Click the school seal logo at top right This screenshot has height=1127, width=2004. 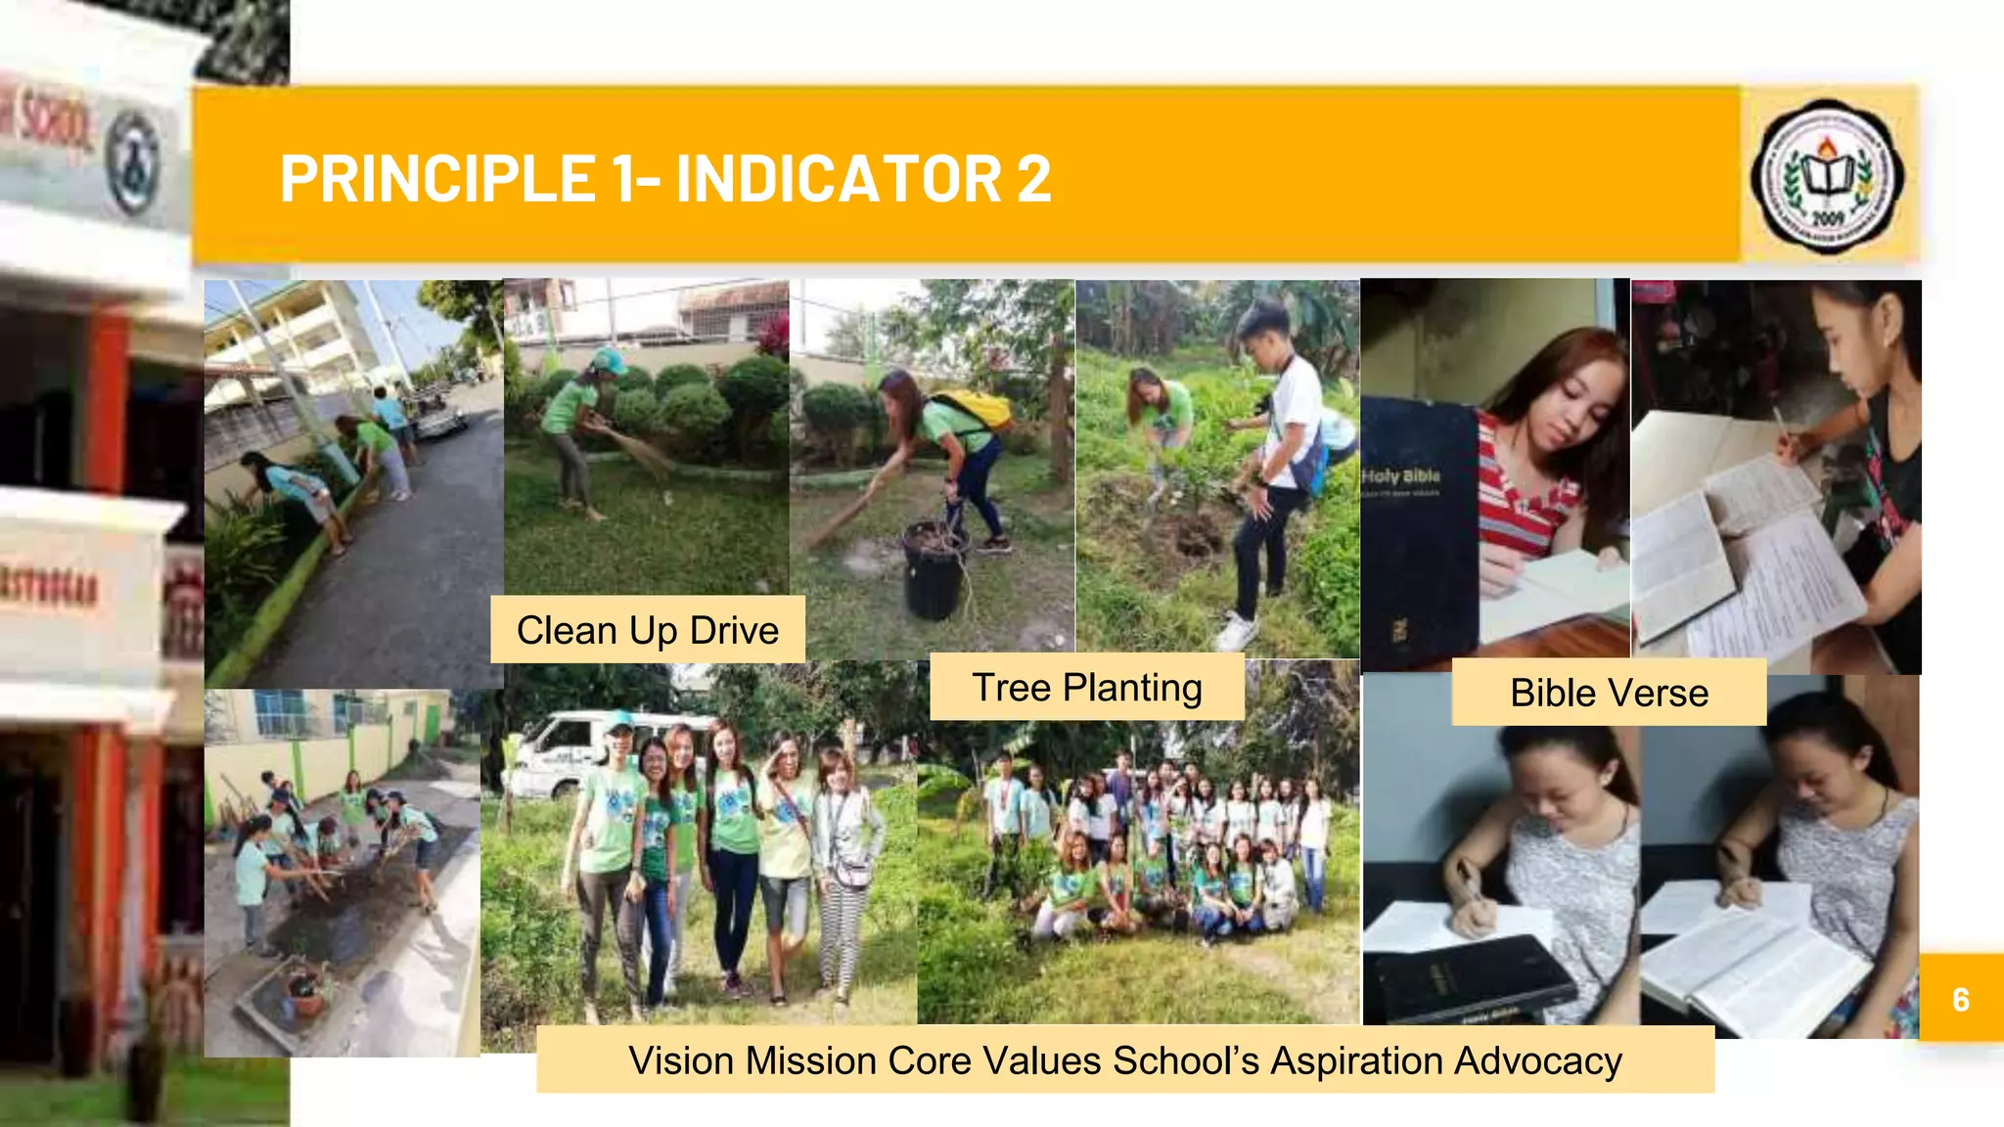[1827, 176]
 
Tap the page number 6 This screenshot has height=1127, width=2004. [1960, 999]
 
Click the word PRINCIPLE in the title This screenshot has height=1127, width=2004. [437, 179]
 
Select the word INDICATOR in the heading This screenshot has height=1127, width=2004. [839, 179]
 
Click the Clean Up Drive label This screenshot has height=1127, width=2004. [648, 630]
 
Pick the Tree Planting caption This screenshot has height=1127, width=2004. [1086, 688]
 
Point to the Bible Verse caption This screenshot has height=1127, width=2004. [1609, 693]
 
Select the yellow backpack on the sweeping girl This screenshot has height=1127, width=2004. [973, 410]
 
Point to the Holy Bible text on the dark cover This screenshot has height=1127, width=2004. [1401, 476]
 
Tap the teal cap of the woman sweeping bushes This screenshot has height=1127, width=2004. [610, 361]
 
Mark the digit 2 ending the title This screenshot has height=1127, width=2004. [1033, 179]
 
